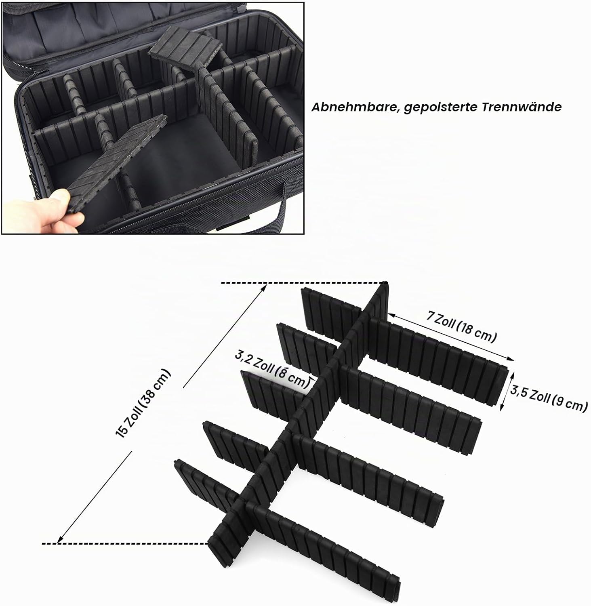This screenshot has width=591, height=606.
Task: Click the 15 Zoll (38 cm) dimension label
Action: pos(143,403)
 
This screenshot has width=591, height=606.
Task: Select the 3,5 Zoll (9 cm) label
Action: pos(548,399)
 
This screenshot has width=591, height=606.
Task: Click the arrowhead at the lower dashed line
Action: pos(61,538)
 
